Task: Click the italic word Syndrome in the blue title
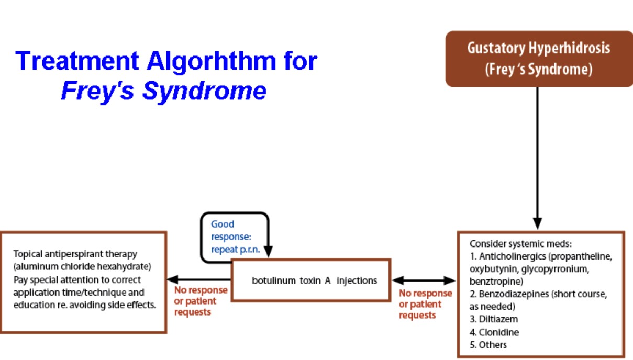pyautogui.click(x=204, y=91)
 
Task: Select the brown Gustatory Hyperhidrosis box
pyautogui.click(x=539, y=59)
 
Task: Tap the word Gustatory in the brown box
pyautogui.click(x=493, y=48)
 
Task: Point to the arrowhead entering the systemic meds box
pyautogui.click(x=537, y=223)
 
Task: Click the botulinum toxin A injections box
pyautogui.click(x=311, y=280)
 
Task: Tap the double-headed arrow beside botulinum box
pyautogui.click(x=424, y=280)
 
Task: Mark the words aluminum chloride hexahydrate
pyautogui.click(x=82, y=267)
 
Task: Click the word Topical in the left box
pyautogui.click(x=27, y=254)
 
